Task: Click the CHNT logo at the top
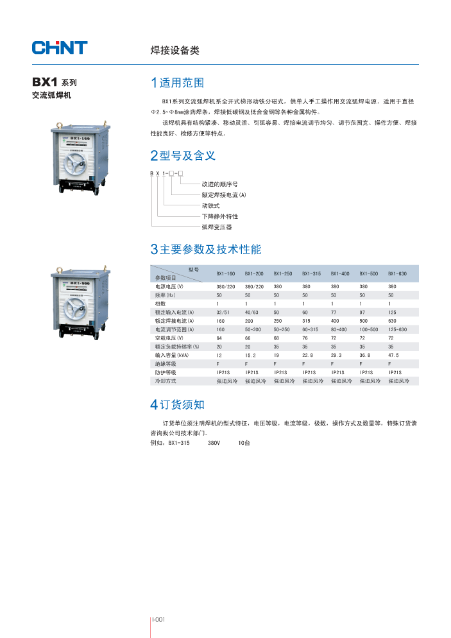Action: pyautogui.click(x=60, y=47)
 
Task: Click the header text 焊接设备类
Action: pyautogui.click(x=175, y=50)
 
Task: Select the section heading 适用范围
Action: pyautogui.click(x=177, y=83)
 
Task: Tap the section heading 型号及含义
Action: pyautogui.click(x=182, y=155)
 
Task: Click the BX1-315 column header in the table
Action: pyautogui.click(x=311, y=273)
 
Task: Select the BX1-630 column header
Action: pyautogui.click(x=397, y=273)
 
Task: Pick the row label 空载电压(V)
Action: pyautogui.click(x=169, y=338)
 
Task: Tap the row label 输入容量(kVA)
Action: pyautogui.click(x=171, y=355)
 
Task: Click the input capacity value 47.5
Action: pyautogui.click(x=393, y=355)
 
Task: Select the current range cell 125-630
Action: pyautogui.click(x=397, y=329)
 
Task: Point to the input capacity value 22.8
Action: pyautogui.click(x=309, y=355)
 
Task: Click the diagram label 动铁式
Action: pyautogui.click(x=210, y=205)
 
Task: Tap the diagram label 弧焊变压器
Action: pyautogui.click(x=216, y=227)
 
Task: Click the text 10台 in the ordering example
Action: pyautogui.click(x=244, y=443)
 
